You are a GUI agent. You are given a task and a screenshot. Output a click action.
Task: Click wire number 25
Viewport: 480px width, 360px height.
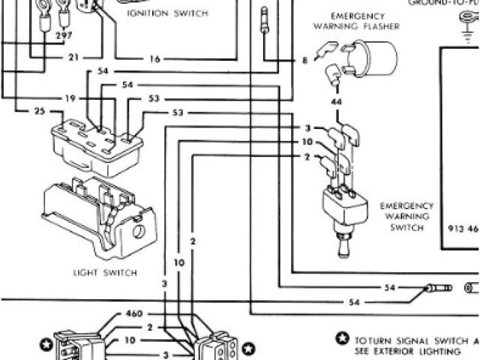[x=39, y=111]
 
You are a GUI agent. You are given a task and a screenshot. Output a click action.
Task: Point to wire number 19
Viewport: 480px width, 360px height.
[x=70, y=98]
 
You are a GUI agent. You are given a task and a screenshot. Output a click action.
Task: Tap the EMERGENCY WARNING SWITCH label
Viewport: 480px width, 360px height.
[x=407, y=216]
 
